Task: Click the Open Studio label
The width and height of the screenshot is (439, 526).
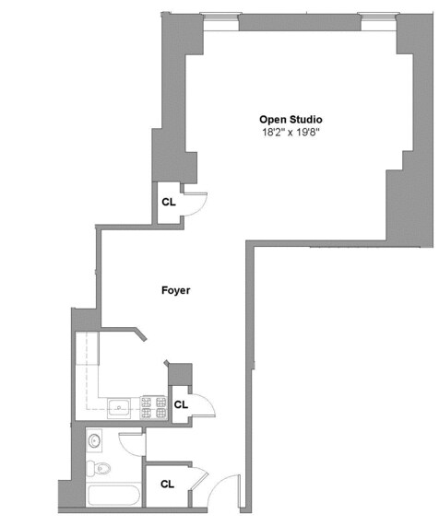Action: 291,119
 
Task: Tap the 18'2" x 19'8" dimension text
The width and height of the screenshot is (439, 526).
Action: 291,133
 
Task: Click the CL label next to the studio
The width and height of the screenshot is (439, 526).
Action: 169,202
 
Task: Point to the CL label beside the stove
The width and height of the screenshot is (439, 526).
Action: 181,404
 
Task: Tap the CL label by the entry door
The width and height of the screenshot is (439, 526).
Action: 168,484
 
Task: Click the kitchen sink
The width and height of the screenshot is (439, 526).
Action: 120,407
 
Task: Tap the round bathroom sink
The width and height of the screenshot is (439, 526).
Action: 96,442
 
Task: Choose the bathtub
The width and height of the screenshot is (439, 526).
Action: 113,497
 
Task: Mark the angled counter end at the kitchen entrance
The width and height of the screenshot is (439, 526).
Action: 138,333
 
